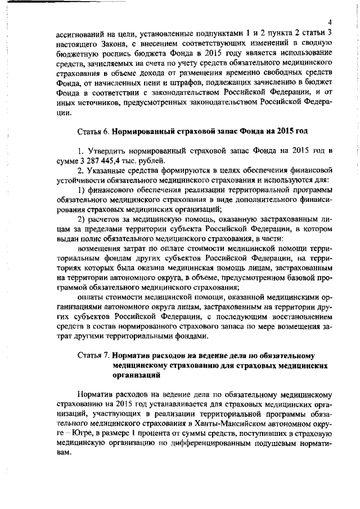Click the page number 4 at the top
coord(332,21)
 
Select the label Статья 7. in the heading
coord(93,355)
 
